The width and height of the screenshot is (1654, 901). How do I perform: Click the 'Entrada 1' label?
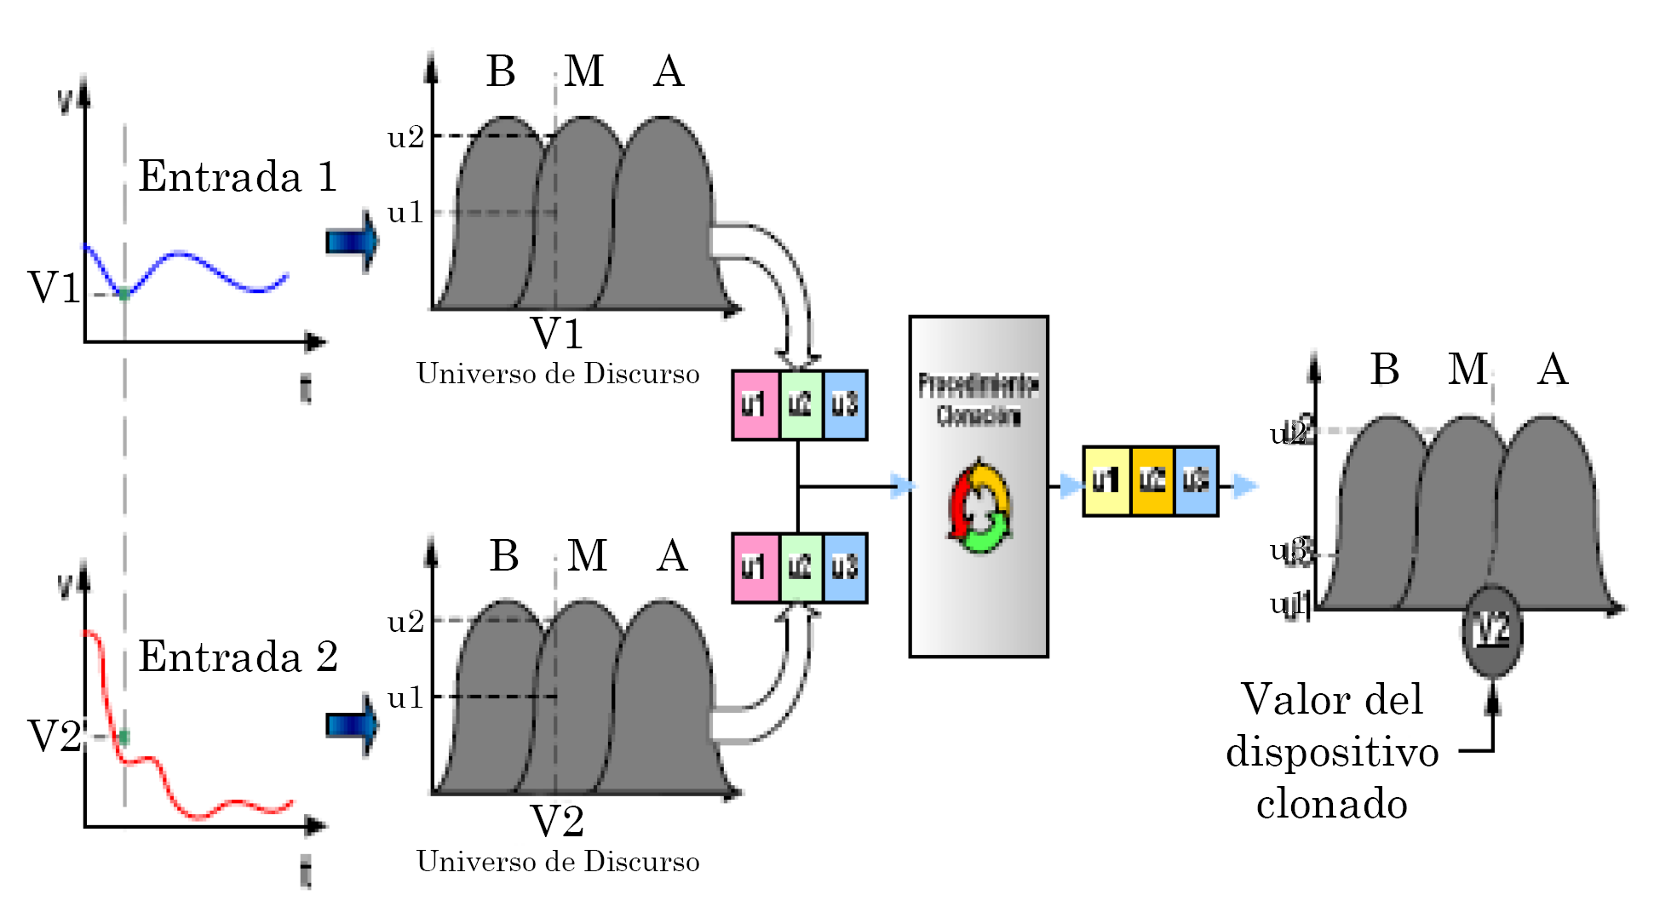[238, 177]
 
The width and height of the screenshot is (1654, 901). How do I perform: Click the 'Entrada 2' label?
[238, 657]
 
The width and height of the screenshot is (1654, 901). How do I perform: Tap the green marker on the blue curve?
[124, 294]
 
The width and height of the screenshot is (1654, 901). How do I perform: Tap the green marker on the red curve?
[124, 737]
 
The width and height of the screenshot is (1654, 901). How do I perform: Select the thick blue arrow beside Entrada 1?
[352, 242]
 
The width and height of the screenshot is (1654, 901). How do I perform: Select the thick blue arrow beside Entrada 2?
[352, 725]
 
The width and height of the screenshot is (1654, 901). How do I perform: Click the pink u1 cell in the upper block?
[755, 405]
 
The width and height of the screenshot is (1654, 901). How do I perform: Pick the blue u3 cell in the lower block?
[845, 568]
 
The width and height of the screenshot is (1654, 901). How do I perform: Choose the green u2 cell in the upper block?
[801, 405]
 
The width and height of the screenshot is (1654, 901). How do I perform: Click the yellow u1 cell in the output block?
[1106, 481]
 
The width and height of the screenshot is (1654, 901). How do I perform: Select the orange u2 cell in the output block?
[1152, 481]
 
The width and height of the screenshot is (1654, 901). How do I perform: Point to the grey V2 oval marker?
[1492, 631]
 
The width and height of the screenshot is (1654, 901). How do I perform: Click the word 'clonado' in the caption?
[1331, 804]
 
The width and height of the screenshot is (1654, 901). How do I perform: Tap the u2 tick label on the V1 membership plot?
[405, 137]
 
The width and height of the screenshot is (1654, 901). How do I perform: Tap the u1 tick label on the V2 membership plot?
[405, 697]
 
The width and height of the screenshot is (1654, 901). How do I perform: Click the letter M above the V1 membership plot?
[584, 71]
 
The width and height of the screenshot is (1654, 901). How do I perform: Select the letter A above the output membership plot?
[1553, 370]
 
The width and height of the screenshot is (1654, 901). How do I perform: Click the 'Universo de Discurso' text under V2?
[558, 862]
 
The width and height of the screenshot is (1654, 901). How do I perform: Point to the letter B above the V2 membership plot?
[504, 556]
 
